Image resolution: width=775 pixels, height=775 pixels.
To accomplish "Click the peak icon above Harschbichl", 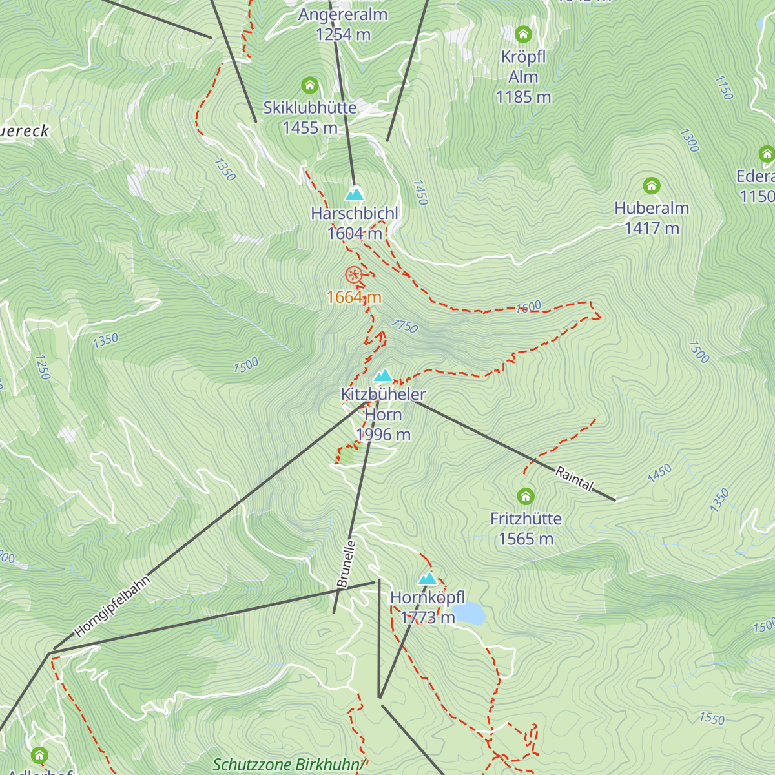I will (x=354, y=194).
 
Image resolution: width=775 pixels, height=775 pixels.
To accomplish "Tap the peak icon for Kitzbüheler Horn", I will (x=384, y=375).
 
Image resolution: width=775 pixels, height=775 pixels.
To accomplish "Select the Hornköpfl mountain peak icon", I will (x=428, y=579).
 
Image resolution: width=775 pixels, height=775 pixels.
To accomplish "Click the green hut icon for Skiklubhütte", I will (x=310, y=85).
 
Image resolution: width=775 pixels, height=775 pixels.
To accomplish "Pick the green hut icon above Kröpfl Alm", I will (x=523, y=34).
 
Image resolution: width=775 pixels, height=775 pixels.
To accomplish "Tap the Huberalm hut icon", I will (x=652, y=186).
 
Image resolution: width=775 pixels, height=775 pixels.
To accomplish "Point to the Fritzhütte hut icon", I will (x=526, y=497).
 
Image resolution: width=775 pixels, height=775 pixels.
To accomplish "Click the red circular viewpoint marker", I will (x=353, y=274).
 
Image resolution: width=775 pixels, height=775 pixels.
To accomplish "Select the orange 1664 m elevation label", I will (x=354, y=297).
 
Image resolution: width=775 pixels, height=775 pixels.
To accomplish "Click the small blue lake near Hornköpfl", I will (x=469, y=614).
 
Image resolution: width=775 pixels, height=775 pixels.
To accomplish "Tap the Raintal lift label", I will (x=574, y=479).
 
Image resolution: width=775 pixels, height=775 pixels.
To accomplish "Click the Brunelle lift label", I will (x=347, y=564).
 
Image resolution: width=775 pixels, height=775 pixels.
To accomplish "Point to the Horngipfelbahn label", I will (x=112, y=606).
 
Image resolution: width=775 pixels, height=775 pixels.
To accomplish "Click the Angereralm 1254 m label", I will (x=343, y=24).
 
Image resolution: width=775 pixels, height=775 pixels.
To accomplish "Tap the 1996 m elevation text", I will (x=383, y=435).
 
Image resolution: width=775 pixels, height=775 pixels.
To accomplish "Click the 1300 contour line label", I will (x=689, y=140).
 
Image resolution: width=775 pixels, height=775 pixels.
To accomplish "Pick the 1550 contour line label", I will (x=712, y=718).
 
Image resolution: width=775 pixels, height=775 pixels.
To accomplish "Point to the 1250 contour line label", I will (x=42, y=367).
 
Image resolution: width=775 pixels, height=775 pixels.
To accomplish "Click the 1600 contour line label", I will (x=529, y=307).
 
